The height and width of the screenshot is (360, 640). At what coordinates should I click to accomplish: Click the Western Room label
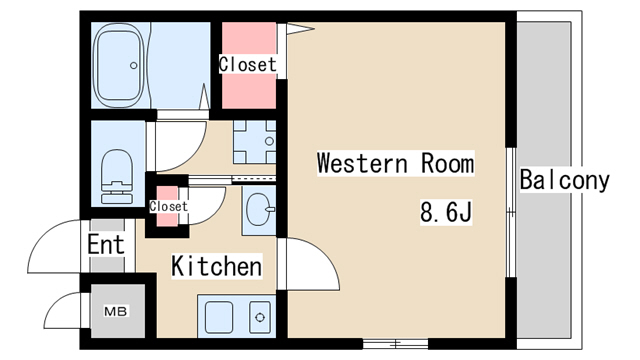click(396, 163)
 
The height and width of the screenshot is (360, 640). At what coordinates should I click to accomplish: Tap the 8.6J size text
click(446, 212)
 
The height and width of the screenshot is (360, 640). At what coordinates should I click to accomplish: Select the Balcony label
click(564, 180)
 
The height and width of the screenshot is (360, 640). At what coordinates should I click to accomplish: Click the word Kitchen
click(216, 266)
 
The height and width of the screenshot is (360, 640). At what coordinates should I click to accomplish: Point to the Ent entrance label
click(106, 244)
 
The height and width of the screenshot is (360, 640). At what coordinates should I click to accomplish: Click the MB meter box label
click(116, 311)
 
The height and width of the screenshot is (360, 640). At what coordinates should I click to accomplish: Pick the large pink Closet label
click(247, 64)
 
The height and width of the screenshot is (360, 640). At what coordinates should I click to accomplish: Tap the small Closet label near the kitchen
click(168, 206)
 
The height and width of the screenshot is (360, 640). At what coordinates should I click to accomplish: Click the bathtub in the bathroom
click(119, 65)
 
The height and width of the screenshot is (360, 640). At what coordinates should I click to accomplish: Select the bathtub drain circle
click(133, 65)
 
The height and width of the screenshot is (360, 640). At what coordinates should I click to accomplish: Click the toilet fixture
click(117, 176)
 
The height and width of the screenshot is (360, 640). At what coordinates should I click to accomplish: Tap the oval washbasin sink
click(259, 209)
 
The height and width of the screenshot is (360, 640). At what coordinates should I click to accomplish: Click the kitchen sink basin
click(219, 317)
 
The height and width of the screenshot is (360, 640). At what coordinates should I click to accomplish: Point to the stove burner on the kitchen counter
click(260, 317)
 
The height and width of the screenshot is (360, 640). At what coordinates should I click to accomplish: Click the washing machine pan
click(254, 142)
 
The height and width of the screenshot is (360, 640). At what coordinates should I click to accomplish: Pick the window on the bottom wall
click(395, 344)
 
